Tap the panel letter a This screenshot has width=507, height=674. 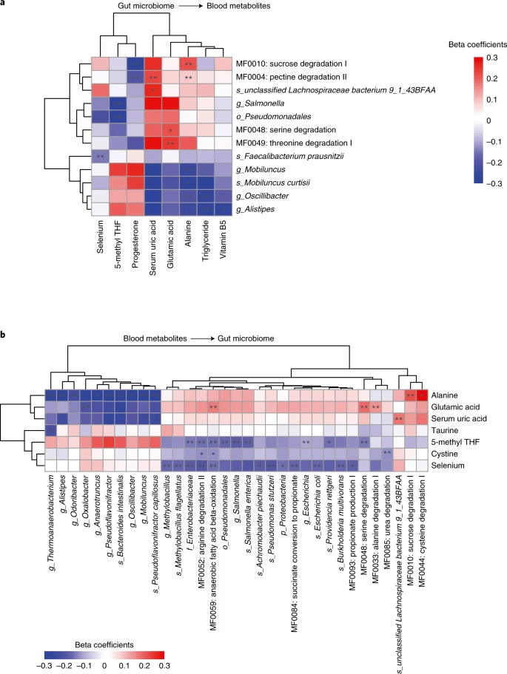(4, 5)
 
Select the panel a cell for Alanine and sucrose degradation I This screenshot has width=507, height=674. (188, 64)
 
